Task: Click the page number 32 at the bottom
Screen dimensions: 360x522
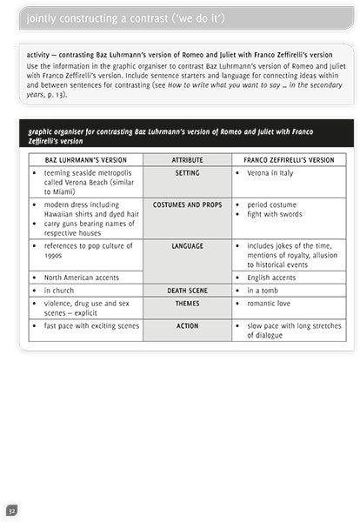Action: (x=11, y=509)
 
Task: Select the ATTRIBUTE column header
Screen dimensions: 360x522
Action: (x=187, y=160)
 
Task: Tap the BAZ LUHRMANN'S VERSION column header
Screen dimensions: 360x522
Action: (x=85, y=160)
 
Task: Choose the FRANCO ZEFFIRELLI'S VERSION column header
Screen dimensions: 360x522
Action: (x=290, y=160)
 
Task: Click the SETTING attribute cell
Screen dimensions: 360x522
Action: (x=187, y=173)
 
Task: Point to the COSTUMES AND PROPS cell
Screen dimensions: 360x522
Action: (x=187, y=204)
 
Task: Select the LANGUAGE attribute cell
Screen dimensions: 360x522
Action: (x=187, y=246)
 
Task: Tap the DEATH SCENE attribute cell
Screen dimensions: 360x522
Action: (x=187, y=291)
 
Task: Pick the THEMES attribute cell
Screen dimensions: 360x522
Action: (x=187, y=304)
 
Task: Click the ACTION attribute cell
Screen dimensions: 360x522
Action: (x=187, y=326)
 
